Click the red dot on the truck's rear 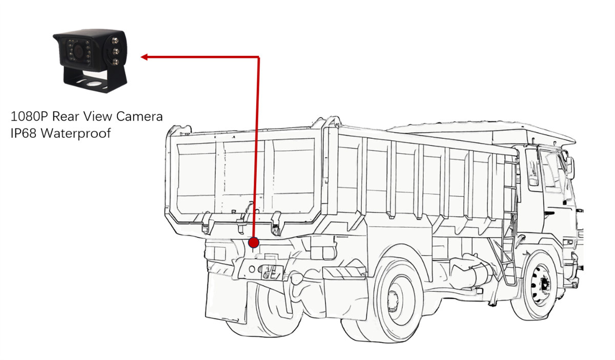coord(253,243)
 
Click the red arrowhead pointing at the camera coord(144,57)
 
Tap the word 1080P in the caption coord(29,116)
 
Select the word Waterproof coord(76,134)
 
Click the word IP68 coord(24,133)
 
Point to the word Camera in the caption coord(139,116)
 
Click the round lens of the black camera coord(79,51)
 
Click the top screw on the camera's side coord(115,41)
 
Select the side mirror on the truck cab coord(570,167)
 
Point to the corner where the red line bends coord(259,57)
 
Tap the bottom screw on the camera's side coord(116,61)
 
